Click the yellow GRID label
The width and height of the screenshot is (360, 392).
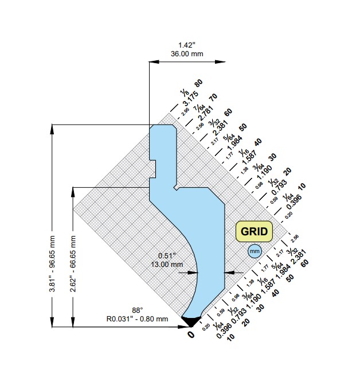254,231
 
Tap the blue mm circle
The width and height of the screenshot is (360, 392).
254,251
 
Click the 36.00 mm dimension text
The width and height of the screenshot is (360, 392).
186,54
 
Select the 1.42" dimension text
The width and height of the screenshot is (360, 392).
186,45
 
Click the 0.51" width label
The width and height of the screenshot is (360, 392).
167,255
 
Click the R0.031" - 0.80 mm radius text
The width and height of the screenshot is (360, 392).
137,319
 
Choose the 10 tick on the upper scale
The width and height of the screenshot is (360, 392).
302,186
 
